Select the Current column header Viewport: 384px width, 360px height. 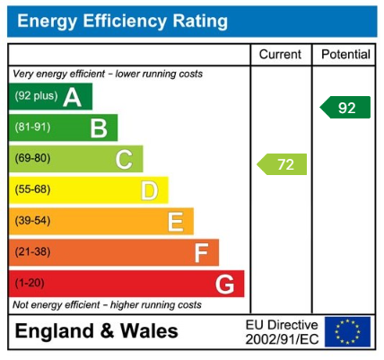(280, 55)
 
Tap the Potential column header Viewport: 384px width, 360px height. (345, 55)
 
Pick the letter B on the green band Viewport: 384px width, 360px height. (98, 128)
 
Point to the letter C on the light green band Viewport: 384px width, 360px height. (124, 160)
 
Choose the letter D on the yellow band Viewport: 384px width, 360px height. (149, 190)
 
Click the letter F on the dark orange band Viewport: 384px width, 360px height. (201, 253)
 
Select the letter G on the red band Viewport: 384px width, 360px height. (225, 285)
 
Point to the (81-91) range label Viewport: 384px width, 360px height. (33, 128)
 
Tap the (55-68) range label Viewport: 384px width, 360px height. (33, 190)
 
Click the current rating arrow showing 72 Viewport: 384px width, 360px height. (282, 164)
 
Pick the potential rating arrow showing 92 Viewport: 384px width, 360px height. (345, 108)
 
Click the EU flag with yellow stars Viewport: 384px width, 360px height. (346, 331)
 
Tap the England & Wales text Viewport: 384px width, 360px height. (96, 331)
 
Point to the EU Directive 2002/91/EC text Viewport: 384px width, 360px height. (281, 331)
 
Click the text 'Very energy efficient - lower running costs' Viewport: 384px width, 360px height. (108, 74)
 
